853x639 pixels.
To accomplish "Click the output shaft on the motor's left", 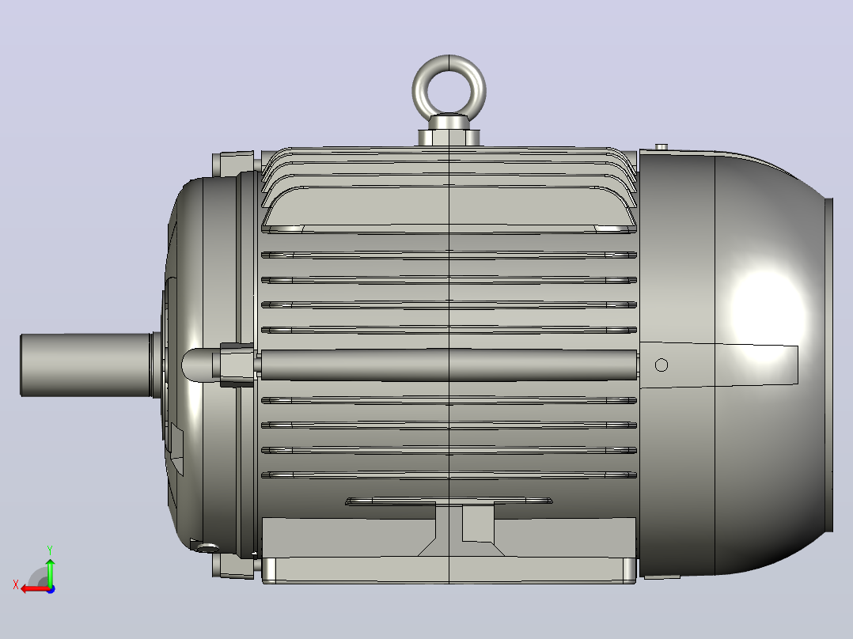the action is coord(87,365).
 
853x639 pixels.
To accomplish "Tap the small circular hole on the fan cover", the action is coord(661,365).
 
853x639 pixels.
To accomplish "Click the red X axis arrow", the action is coord(36,589).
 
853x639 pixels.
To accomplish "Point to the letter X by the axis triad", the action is coord(16,585).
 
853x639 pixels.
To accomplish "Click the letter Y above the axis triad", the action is coord(50,550).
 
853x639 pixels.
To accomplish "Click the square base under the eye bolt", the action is coord(449,137).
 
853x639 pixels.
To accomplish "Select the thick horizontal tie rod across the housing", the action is coord(449,365).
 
